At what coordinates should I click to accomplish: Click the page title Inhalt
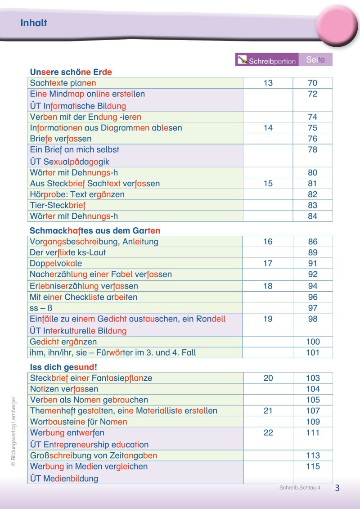(34, 23)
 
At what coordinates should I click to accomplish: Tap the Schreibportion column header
(267, 60)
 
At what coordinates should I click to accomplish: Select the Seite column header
(315, 59)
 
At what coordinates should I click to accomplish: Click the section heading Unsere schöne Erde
(71, 72)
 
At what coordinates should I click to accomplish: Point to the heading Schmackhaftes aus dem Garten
(95, 231)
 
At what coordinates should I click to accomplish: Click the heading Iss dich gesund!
(63, 367)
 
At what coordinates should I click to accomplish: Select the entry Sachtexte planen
(63, 83)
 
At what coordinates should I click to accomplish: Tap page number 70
(312, 83)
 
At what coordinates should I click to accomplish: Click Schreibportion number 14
(268, 128)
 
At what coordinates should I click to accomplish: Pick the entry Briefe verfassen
(60, 139)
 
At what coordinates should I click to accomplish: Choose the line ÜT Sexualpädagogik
(70, 162)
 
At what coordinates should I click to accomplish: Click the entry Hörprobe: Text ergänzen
(77, 194)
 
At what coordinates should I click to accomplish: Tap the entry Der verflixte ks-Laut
(68, 252)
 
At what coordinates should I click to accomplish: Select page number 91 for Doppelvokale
(312, 263)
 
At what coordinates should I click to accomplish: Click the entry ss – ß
(41, 308)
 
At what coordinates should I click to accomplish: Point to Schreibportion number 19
(268, 319)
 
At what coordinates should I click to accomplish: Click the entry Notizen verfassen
(64, 389)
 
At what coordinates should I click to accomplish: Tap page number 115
(312, 467)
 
